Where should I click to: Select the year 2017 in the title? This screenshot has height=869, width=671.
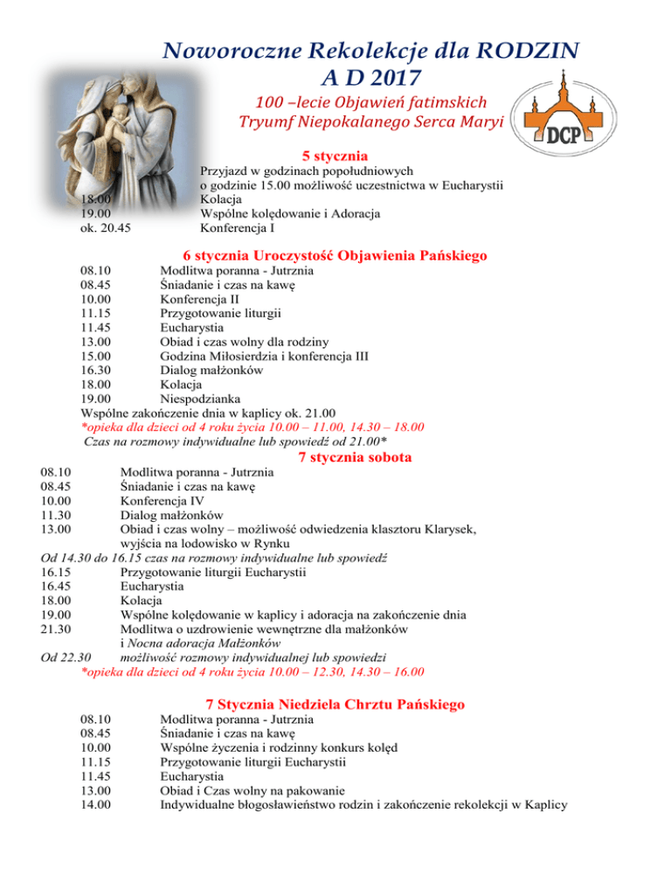(370, 80)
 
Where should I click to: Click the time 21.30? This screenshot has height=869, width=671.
(56, 629)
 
